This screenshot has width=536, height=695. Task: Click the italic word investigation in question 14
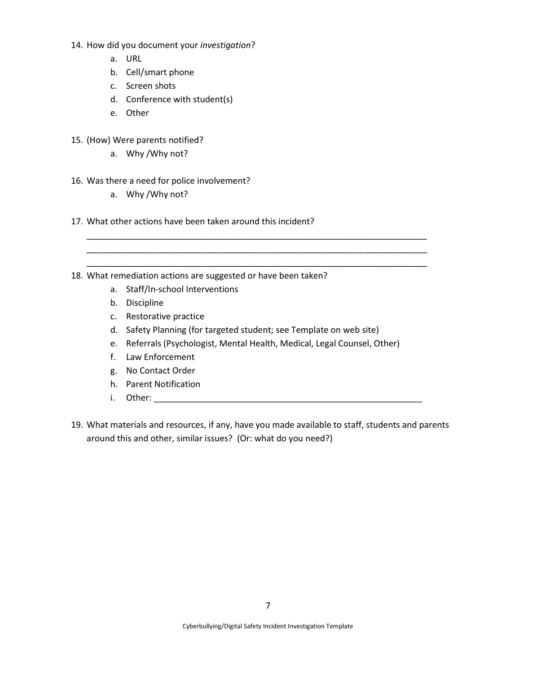pyautogui.click(x=225, y=45)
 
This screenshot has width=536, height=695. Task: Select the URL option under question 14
pyautogui.click(x=134, y=59)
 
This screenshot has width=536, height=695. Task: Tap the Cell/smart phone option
pyautogui.click(x=160, y=72)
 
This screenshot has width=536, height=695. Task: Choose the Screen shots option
pyautogui.click(x=151, y=86)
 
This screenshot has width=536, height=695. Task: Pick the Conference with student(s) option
pyautogui.click(x=179, y=99)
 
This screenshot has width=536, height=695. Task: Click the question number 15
pyautogui.click(x=77, y=140)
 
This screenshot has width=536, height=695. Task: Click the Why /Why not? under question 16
pyautogui.click(x=157, y=194)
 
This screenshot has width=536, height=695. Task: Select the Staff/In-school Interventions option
pyautogui.click(x=182, y=289)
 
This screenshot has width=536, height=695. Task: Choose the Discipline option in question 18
pyautogui.click(x=144, y=303)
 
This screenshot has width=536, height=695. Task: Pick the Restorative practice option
pyautogui.click(x=165, y=316)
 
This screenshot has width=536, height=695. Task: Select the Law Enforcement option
pyautogui.click(x=160, y=357)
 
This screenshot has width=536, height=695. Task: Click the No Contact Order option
pyautogui.click(x=160, y=371)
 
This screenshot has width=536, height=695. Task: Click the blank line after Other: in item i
pyautogui.click(x=288, y=399)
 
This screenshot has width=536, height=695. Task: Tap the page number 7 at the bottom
pyautogui.click(x=268, y=606)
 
